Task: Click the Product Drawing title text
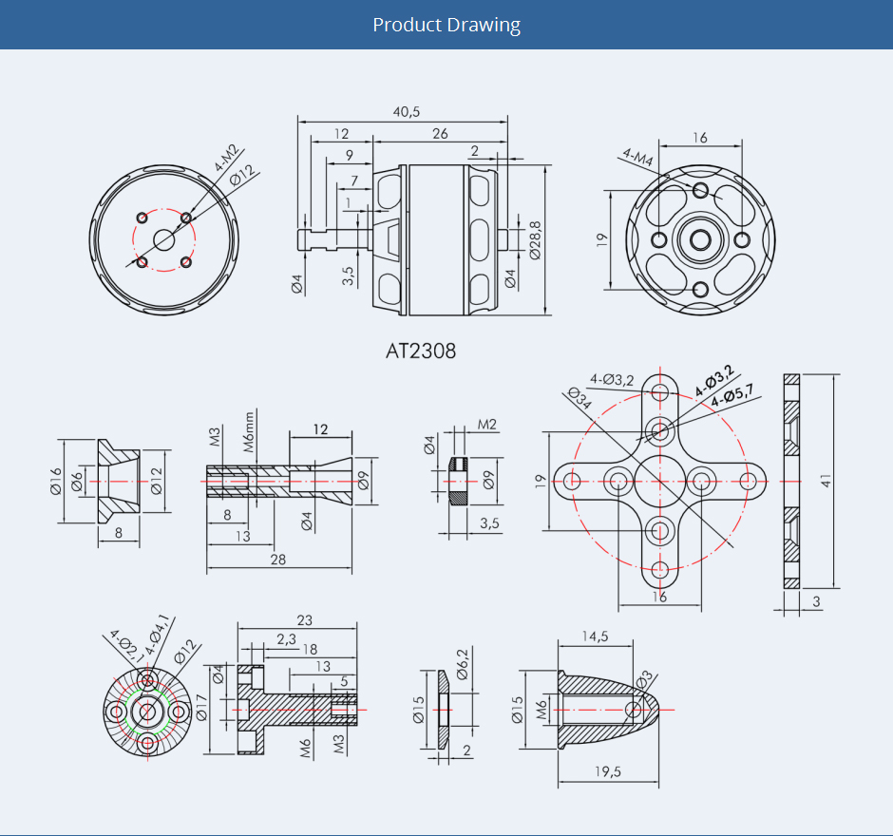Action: [x=446, y=25]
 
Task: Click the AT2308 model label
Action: [x=421, y=351]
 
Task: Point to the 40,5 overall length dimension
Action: [x=406, y=111]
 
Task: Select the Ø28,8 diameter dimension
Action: [x=536, y=240]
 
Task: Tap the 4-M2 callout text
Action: [x=226, y=159]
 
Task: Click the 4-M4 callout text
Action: [x=637, y=157]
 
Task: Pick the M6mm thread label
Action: [x=249, y=432]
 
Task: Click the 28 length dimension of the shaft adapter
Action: [x=278, y=560]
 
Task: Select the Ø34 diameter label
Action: [x=579, y=398]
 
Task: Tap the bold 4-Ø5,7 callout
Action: [x=731, y=394]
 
